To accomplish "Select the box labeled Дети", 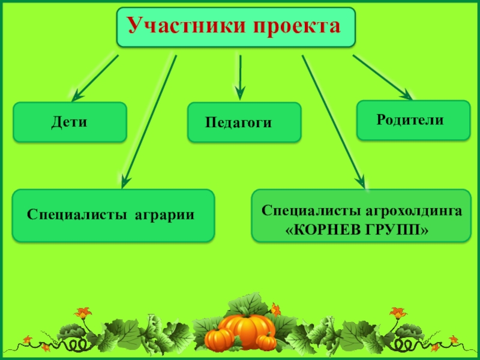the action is click(70, 122).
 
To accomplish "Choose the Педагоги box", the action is click(244, 122).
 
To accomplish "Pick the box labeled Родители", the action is click(413, 120).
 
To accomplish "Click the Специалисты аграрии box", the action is click(113, 215).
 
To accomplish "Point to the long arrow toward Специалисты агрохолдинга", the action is click(333, 120).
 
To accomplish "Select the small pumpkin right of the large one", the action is click(266, 341).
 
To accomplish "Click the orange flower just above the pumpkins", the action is click(275, 310).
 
